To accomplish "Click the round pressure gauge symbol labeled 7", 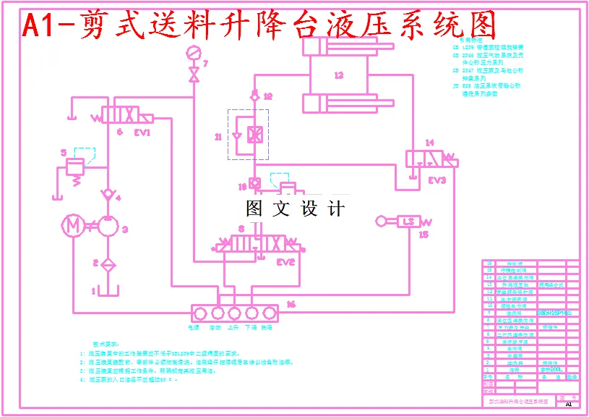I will [x=193, y=52].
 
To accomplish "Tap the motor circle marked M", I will [x=72, y=226].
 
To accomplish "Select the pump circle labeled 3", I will [x=108, y=227].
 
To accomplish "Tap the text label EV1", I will [x=142, y=132].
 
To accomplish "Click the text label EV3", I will [x=437, y=180].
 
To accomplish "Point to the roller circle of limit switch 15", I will [x=381, y=221].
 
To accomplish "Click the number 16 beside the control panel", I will [x=291, y=305].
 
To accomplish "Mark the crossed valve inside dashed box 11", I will [x=255, y=135].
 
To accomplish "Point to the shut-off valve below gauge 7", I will [x=193, y=75].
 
